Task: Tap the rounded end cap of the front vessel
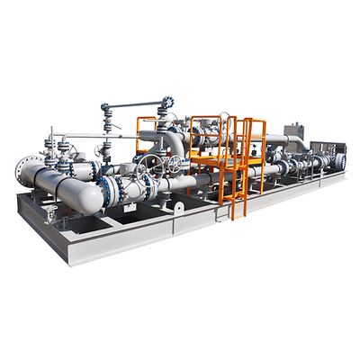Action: point(89,200)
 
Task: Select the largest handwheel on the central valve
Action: point(151,166)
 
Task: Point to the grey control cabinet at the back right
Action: point(293,132)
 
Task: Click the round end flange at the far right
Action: point(340,161)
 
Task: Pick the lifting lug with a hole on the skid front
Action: point(179,207)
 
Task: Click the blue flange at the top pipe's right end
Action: point(168,103)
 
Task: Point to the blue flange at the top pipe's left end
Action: point(105,109)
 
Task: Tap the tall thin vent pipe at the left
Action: point(51,144)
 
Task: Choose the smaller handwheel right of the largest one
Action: point(173,164)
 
